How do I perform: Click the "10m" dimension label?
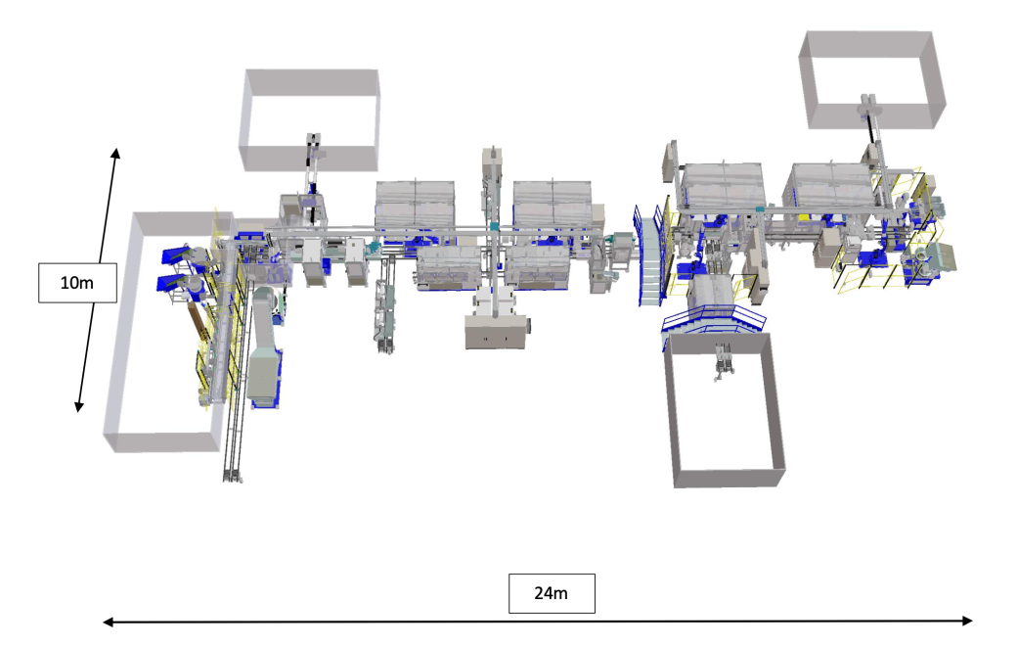click(77, 283)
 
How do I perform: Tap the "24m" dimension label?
click(552, 593)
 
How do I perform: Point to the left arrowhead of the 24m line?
click(109, 622)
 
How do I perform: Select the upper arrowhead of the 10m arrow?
click(115, 154)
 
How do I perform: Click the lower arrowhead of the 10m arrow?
click(79, 406)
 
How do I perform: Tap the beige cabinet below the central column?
click(496, 331)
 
